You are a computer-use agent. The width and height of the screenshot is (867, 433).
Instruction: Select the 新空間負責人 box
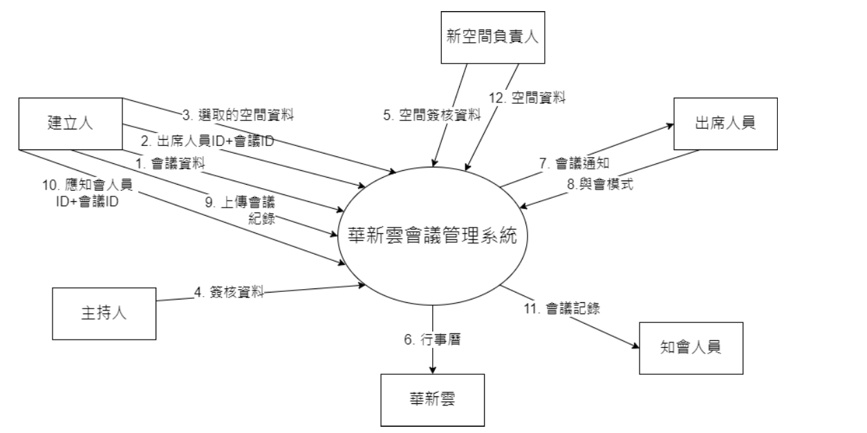click(x=492, y=38)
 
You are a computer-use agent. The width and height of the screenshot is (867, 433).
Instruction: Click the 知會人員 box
click(x=691, y=348)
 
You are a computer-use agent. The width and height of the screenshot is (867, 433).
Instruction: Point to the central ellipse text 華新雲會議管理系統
click(x=433, y=235)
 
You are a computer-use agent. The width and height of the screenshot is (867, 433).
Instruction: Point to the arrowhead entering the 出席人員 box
click(x=670, y=126)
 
